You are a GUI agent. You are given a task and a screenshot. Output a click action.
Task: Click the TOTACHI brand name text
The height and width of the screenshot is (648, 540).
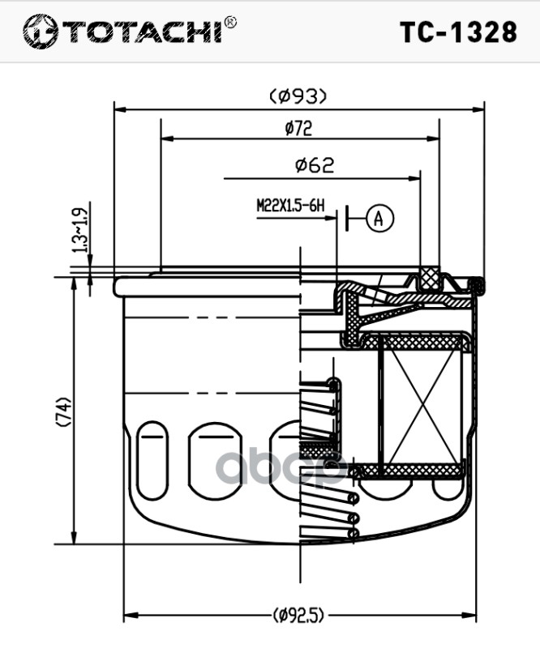(142, 32)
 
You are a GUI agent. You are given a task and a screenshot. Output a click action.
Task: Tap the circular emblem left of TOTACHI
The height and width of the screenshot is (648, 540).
(41, 32)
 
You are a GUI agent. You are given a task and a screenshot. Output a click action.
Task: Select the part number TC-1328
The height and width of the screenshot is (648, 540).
(458, 32)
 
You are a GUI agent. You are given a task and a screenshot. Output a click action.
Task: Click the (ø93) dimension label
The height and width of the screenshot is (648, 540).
(298, 96)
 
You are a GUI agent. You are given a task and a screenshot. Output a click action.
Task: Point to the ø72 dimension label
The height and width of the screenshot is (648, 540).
(298, 128)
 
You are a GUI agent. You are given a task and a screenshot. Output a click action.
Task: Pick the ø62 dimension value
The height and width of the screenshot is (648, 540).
(315, 165)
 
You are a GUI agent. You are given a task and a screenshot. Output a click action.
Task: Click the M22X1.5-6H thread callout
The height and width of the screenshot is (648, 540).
(290, 206)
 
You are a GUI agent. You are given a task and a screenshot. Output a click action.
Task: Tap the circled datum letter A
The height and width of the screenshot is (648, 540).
(379, 218)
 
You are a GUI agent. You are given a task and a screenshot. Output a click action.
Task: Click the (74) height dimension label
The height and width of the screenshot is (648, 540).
(63, 411)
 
